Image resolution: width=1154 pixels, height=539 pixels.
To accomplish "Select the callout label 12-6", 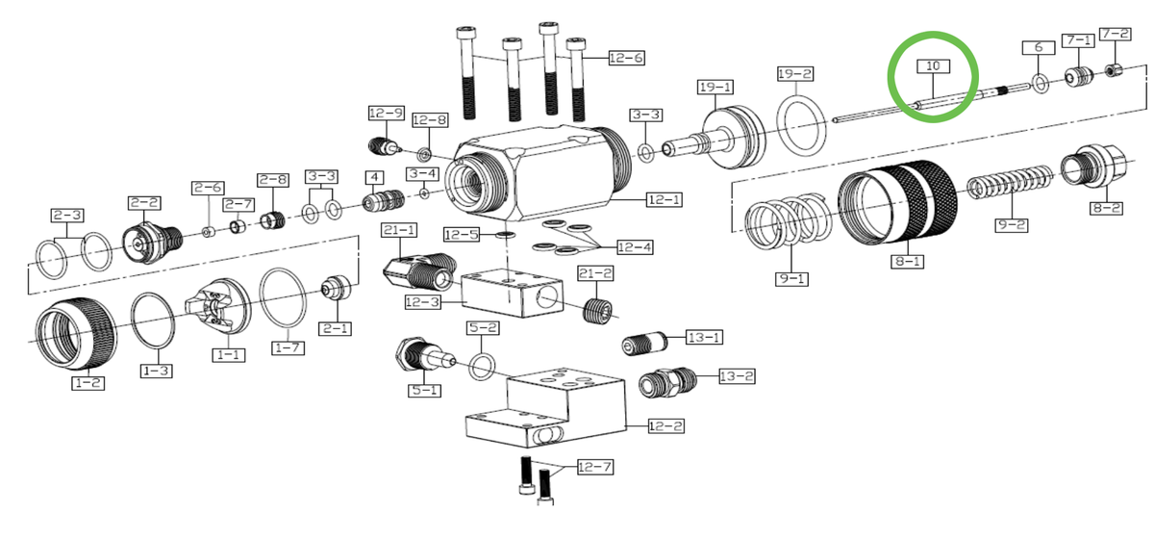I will pyautogui.click(x=626, y=59).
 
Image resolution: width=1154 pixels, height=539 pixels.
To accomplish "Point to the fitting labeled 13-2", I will pyautogui.click(x=664, y=383).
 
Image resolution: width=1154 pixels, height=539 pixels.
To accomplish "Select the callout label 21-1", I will pyautogui.click(x=398, y=230).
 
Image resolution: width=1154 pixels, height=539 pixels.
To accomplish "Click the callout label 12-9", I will pyautogui.click(x=386, y=114).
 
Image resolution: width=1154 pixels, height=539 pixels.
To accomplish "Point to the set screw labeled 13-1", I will pyautogui.click(x=643, y=343).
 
